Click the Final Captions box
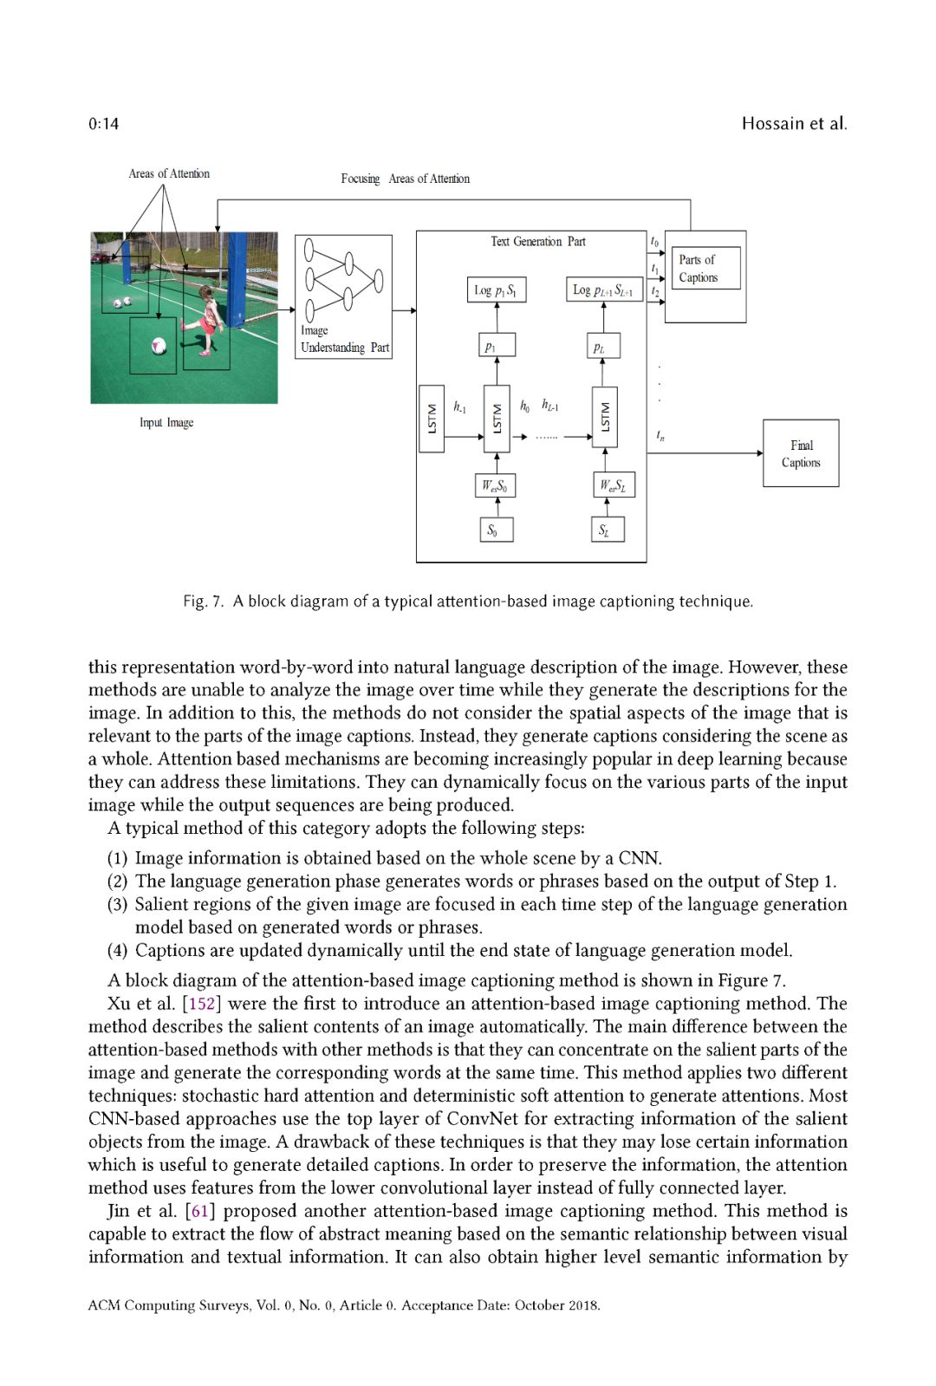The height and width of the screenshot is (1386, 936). (800, 453)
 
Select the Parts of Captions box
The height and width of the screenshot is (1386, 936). (705, 269)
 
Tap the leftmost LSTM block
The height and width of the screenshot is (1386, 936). (432, 420)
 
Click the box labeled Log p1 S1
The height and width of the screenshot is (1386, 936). (496, 290)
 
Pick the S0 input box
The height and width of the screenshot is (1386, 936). (496, 530)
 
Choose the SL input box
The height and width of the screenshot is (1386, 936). (606, 530)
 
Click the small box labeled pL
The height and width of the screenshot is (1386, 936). (602, 347)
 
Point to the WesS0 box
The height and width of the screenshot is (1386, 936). (496, 485)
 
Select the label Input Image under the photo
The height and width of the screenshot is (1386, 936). (166, 423)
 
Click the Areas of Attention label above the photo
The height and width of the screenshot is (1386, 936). (169, 173)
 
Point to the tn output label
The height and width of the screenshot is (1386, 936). (660, 436)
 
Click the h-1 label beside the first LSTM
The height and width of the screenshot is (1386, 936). (459, 407)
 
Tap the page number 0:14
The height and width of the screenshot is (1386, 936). (103, 123)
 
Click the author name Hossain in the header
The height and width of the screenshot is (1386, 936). (773, 123)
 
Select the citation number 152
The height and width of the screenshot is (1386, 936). (201, 1004)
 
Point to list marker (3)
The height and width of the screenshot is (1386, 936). (117, 905)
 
